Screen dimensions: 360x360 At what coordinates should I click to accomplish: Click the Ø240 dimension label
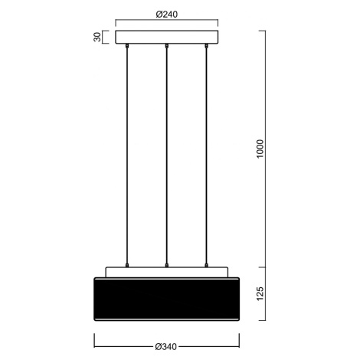(x=166, y=15)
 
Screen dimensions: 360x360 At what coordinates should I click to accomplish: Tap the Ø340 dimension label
(x=166, y=347)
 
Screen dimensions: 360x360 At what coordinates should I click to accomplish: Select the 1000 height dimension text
(x=260, y=149)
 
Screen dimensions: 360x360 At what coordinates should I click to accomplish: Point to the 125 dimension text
(x=260, y=293)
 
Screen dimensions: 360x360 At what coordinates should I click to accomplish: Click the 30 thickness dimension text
(x=97, y=38)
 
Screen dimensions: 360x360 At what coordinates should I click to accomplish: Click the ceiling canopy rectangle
(x=167, y=38)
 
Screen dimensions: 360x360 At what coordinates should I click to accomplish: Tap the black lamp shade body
(x=167, y=299)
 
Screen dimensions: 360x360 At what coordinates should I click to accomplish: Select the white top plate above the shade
(x=167, y=272)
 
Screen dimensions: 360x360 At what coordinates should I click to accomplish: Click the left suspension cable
(x=127, y=155)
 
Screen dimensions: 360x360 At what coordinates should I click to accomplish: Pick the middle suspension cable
(x=166, y=155)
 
